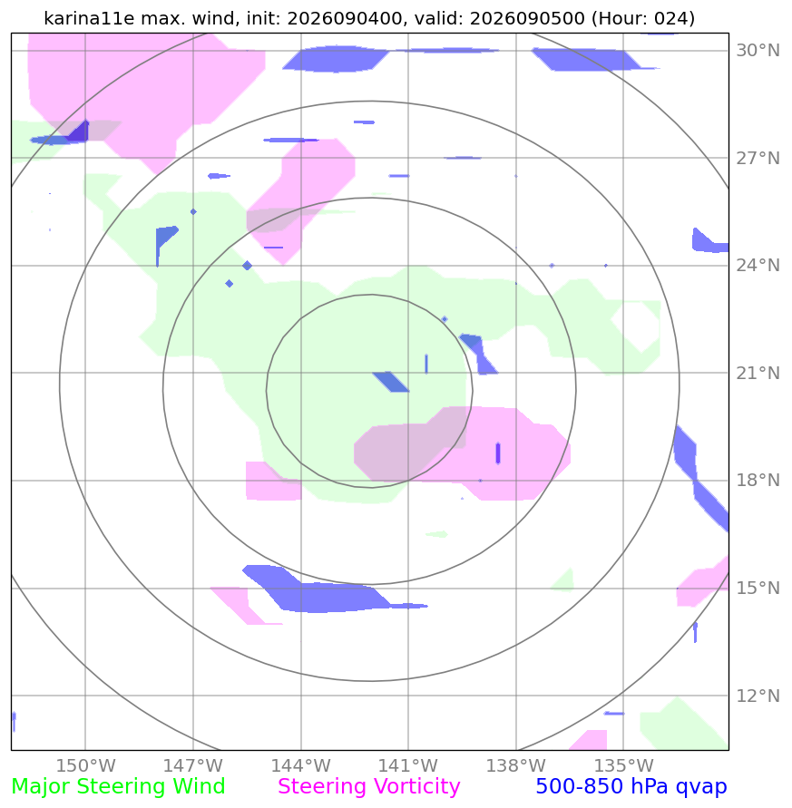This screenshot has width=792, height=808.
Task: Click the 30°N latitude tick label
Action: (758, 51)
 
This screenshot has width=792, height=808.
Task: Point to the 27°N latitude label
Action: (758, 158)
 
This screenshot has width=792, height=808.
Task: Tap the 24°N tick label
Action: (758, 266)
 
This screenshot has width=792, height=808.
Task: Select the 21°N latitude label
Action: (758, 373)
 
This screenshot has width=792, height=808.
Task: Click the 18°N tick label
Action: (758, 481)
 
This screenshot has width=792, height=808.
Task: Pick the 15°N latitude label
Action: (758, 588)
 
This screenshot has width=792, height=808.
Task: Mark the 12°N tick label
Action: (758, 696)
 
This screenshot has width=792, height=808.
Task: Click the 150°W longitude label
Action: (85, 765)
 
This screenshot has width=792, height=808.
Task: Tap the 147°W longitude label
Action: (193, 765)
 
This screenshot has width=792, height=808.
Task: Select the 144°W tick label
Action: (300, 765)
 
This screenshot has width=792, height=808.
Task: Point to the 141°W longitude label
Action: (408, 765)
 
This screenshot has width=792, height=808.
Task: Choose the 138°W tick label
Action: (515, 765)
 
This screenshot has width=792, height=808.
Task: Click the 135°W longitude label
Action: (623, 765)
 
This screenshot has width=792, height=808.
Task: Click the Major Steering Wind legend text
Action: (118, 787)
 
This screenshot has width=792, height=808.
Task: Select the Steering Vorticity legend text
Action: (368, 787)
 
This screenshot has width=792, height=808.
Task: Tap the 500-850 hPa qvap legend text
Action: (631, 787)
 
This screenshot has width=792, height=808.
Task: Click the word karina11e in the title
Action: (89, 18)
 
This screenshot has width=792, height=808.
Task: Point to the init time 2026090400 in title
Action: (345, 18)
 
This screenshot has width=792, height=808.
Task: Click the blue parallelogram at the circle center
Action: (391, 382)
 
